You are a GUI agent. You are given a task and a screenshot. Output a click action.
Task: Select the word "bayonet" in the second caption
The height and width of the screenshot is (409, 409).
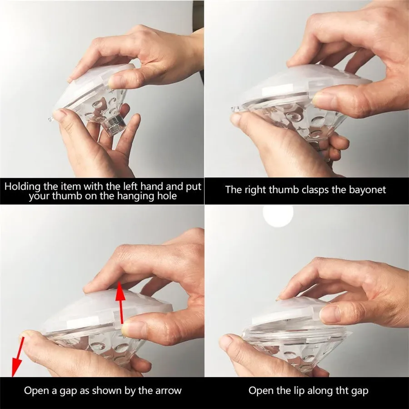point(368,190)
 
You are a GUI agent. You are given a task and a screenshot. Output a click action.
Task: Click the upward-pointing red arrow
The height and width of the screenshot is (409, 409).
point(121,303)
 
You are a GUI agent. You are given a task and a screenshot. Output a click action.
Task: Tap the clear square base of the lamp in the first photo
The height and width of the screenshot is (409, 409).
point(114,125)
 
